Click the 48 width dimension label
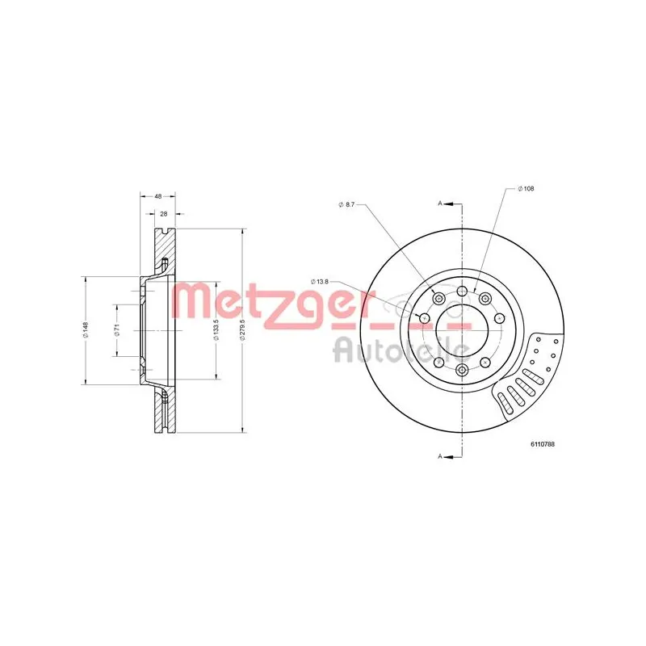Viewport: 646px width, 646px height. point(157,196)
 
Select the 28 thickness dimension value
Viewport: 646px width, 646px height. point(164,214)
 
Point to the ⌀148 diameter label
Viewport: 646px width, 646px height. point(86,330)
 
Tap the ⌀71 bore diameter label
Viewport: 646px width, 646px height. point(117,330)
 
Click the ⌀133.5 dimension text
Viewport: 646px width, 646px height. point(216,330)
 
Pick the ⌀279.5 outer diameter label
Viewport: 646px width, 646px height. point(243,330)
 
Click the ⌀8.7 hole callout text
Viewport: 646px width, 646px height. point(346,204)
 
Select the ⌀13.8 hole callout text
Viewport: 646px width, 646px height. point(320,282)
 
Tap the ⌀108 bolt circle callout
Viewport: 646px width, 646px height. point(526,189)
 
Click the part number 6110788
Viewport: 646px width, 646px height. point(543,444)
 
